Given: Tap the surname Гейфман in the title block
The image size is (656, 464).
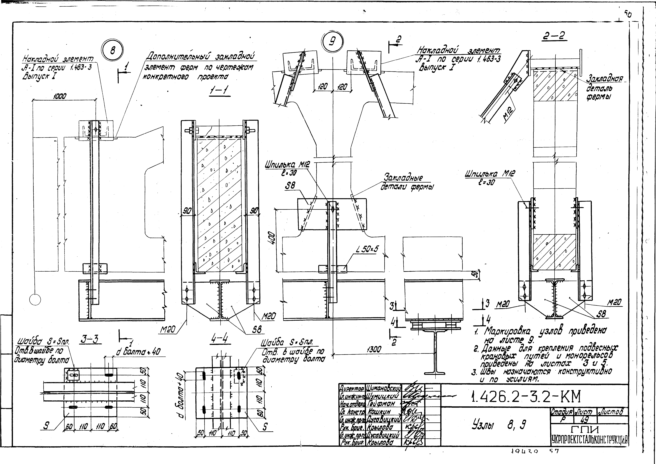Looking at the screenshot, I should (x=380, y=404).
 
